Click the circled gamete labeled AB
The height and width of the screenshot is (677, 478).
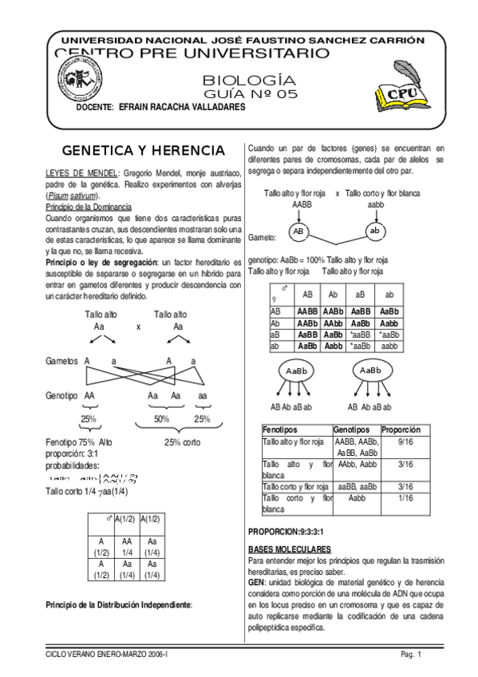(297, 231)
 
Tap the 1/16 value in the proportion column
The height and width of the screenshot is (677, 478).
(405, 497)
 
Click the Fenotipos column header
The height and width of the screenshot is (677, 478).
(281, 429)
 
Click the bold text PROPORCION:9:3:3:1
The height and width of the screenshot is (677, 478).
(290, 531)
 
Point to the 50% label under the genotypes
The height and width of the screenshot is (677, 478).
(162, 419)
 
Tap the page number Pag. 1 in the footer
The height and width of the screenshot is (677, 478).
(412, 655)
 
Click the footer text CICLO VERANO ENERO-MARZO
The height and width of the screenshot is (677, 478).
(112, 655)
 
